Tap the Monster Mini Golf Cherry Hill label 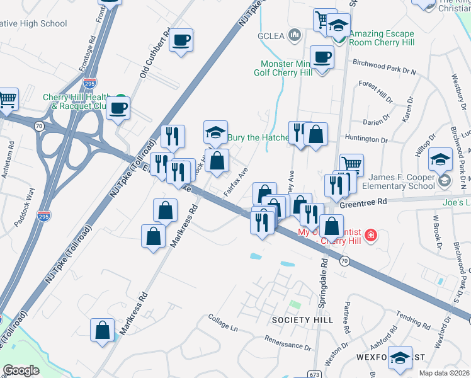click(287, 68)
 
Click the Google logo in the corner click(21, 370)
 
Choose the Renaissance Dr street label click(290, 346)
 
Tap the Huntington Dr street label click(366, 139)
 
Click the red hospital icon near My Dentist click(372, 236)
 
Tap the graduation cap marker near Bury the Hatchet click(215, 132)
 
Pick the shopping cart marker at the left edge click(8, 98)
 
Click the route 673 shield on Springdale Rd click(313, 374)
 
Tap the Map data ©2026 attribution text click(445, 373)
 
